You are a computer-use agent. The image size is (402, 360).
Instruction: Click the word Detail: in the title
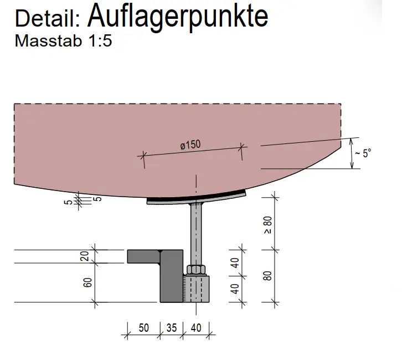49,18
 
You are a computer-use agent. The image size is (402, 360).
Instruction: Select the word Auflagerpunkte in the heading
178,16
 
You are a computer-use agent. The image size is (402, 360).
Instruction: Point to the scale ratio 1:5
99,42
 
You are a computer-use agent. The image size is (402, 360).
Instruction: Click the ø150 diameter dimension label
190,145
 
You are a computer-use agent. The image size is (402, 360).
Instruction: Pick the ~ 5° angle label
363,153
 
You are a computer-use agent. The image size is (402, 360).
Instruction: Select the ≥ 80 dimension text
267,225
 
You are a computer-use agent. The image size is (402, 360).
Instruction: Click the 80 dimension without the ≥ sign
267,275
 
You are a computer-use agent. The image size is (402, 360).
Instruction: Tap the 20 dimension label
84,255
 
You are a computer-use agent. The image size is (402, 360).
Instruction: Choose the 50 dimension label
143,328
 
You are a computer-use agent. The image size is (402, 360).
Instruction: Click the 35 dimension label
171,328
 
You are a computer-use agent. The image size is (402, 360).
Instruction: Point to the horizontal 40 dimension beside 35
195,328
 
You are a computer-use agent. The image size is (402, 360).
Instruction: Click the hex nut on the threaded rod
196,270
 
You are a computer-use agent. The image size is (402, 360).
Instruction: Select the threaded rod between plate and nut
196,233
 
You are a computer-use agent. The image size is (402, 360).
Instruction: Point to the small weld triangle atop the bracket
160,253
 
